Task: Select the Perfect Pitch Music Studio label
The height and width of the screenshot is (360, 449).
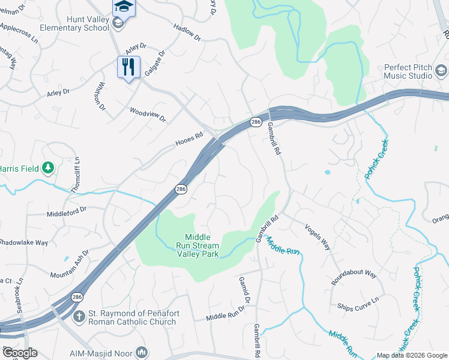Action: pos(408,71)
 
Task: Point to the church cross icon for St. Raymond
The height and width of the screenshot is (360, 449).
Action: pos(79,316)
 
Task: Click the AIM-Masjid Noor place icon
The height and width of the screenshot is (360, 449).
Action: pos(142,352)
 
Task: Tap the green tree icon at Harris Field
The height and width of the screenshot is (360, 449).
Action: pos(47,167)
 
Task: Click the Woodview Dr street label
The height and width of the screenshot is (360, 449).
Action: pos(148,114)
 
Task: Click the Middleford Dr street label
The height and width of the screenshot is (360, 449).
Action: pos(67,211)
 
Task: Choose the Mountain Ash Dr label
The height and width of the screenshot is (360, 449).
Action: pos(70,267)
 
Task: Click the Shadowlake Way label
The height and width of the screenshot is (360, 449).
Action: pos(23,242)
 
